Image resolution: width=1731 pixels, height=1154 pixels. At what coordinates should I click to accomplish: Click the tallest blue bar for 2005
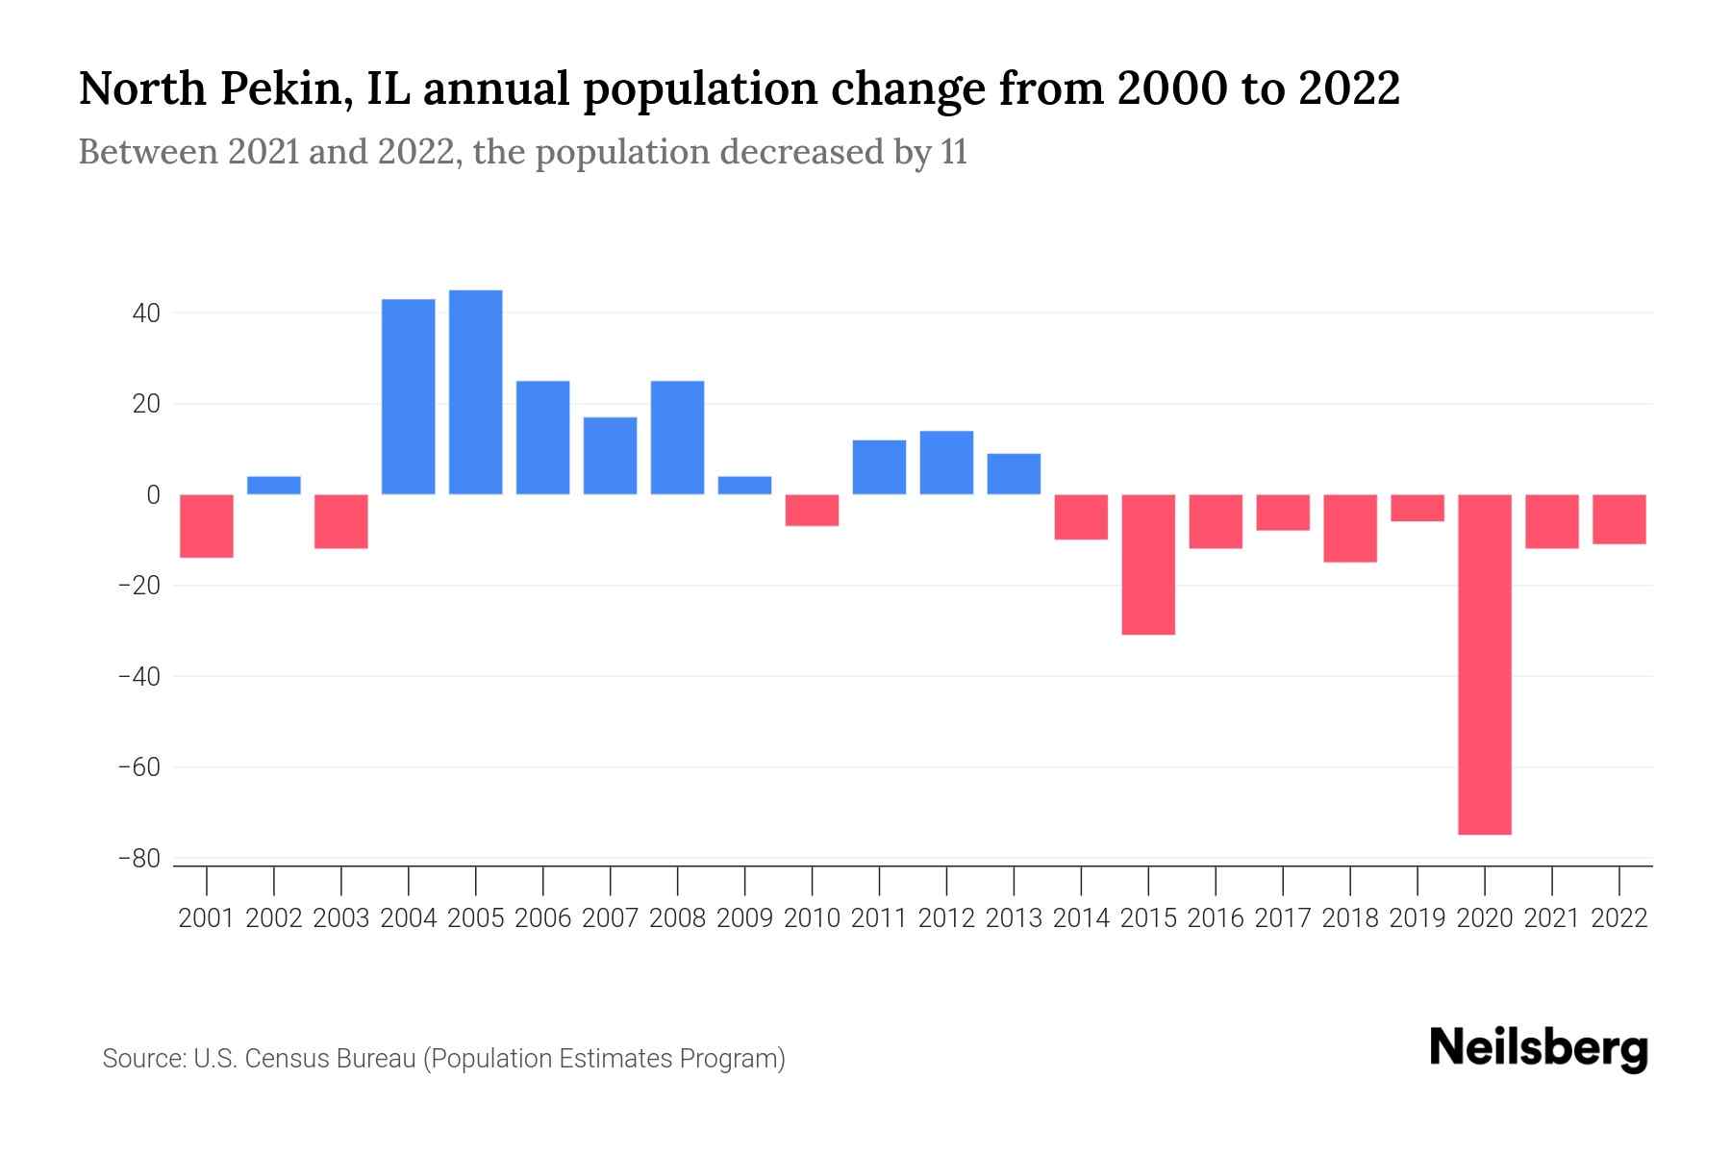pyautogui.click(x=475, y=392)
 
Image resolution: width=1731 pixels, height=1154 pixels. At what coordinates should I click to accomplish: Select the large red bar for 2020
pyautogui.click(x=1485, y=664)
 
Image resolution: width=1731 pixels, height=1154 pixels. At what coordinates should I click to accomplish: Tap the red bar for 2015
pyautogui.click(x=1148, y=564)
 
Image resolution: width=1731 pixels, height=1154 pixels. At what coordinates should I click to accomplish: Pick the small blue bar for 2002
pyautogui.click(x=274, y=485)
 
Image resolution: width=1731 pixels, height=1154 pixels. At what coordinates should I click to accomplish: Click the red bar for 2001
pyautogui.click(x=207, y=525)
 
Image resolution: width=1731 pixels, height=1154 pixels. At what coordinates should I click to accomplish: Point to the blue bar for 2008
pyautogui.click(x=677, y=438)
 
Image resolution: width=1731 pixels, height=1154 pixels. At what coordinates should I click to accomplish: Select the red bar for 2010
pyautogui.click(x=812, y=510)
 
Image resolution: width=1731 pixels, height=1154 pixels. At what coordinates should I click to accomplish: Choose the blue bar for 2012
pyautogui.click(x=946, y=463)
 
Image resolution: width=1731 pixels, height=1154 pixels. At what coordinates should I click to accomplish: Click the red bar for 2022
pyautogui.click(x=1619, y=519)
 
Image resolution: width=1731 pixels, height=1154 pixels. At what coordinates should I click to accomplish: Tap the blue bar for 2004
pyautogui.click(x=408, y=396)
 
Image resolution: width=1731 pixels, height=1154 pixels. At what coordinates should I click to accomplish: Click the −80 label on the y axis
pyautogui.click(x=138, y=859)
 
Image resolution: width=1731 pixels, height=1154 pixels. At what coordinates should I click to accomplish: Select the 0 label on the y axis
pyautogui.click(x=153, y=495)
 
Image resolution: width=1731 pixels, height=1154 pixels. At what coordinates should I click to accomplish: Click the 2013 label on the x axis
pyautogui.click(x=1014, y=918)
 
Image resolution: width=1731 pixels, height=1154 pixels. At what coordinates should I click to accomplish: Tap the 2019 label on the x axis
pyautogui.click(x=1417, y=918)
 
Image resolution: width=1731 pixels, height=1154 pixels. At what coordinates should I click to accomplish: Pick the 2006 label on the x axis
pyautogui.click(x=542, y=918)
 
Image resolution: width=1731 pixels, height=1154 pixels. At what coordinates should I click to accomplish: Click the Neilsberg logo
pyautogui.click(x=1539, y=1048)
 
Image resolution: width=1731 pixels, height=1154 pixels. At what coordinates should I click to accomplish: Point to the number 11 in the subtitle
pyautogui.click(x=954, y=153)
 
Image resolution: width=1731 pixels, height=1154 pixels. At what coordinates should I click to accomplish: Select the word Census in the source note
pyautogui.click(x=289, y=1059)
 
